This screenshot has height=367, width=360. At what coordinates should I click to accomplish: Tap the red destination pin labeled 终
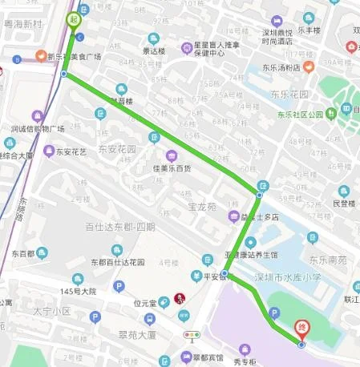coord(301,328)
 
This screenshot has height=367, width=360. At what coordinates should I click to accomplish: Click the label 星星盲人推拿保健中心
coord(213,48)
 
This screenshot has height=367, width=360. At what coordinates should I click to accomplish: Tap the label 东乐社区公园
coord(301,114)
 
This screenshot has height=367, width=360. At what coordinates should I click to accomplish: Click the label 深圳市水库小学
coord(287,276)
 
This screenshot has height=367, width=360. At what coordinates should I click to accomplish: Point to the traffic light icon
coord(192,335)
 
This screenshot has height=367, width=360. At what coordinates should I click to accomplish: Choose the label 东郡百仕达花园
coord(117,262)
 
